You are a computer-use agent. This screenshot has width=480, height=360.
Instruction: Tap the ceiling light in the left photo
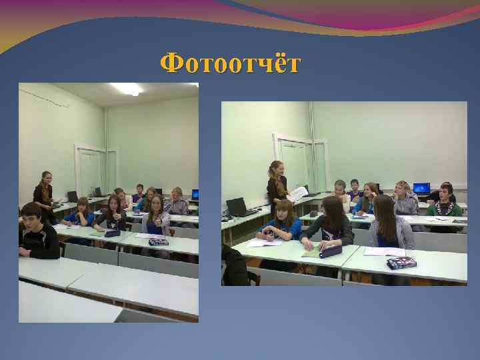(x=127, y=88)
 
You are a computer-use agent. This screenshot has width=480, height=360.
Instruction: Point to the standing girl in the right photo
(x=277, y=185)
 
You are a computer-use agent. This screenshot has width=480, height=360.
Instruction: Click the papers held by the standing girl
(x=297, y=193)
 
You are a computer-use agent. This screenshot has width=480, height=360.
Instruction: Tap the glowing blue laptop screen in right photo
(x=421, y=188)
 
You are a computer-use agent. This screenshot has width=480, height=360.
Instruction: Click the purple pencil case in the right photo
(x=331, y=251)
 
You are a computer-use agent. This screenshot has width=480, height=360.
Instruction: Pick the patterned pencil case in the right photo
(x=401, y=263)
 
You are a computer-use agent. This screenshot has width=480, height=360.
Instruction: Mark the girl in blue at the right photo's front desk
(x=280, y=223)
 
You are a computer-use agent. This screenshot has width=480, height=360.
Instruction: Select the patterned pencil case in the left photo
(x=158, y=241)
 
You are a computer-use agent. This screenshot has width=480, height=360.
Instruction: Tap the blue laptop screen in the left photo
(x=195, y=194)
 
